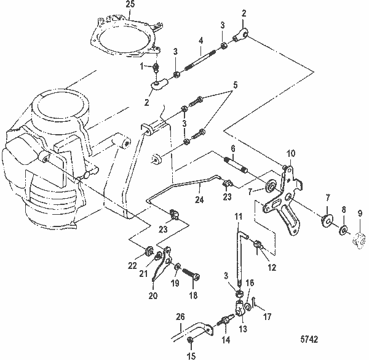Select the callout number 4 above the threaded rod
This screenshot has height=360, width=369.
pos(200,42)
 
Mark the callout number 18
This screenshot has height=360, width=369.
pos(195,296)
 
